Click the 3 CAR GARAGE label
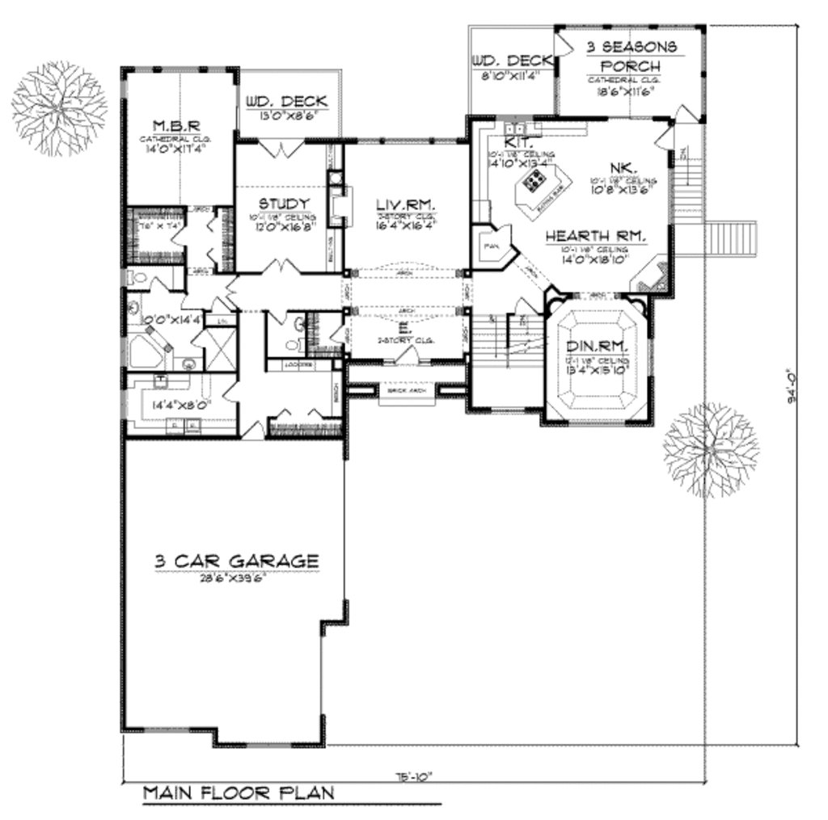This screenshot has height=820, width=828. pyautogui.click(x=236, y=560)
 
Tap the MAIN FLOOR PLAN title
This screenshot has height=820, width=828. pyautogui.click(x=239, y=793)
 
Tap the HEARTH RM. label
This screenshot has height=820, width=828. pyautogui.click(x=595, y=236)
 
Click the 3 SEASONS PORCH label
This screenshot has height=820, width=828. pyautogui.click(x=632, y=57)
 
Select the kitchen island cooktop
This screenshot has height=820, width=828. pyautogui.click(x=534, y=181)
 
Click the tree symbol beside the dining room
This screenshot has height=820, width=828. pyautogui.click(x=711, y=450)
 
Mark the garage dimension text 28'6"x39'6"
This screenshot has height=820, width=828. pyautogui.click(x=235, y=578)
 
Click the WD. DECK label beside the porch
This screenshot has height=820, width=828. pyautogui.click(x=510, y=61)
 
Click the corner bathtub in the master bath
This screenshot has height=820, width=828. pyautogui.click(x=147, y=353)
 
